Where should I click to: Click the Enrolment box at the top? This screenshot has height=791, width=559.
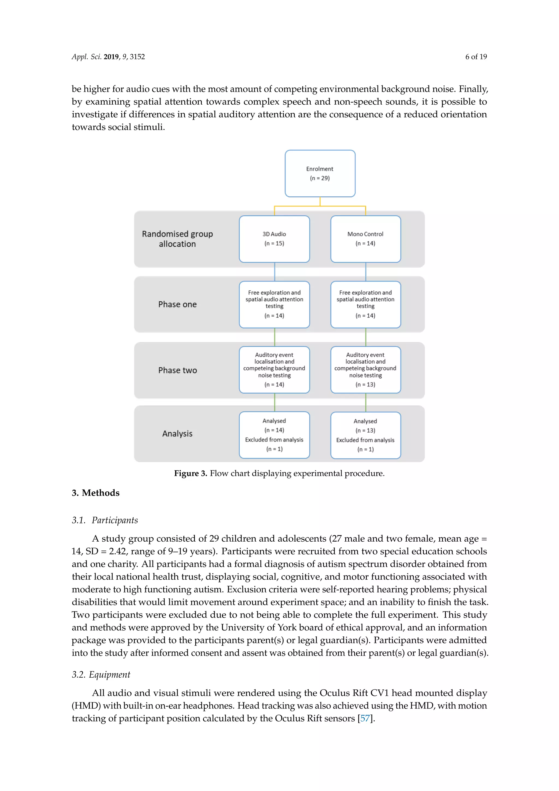(320, 173)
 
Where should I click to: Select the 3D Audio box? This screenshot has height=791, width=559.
(274, 239)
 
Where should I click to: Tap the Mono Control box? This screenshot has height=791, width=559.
(365, 239)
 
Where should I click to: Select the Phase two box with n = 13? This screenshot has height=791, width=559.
(365, 370)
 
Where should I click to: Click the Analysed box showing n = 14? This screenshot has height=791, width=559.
(274, 435)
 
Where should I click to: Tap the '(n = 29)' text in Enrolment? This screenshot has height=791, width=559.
(320, 178)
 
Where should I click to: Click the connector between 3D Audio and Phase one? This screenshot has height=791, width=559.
(275, 272)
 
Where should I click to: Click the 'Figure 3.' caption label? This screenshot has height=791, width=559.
(190, 473)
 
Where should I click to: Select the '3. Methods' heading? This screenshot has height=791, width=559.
(96, 493)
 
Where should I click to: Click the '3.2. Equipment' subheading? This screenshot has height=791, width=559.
(101, 675)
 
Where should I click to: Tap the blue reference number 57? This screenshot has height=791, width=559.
(365, 718)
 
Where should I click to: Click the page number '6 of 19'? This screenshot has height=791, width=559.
(476, 57)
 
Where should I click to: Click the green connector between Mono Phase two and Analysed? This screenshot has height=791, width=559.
(365, 402)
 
